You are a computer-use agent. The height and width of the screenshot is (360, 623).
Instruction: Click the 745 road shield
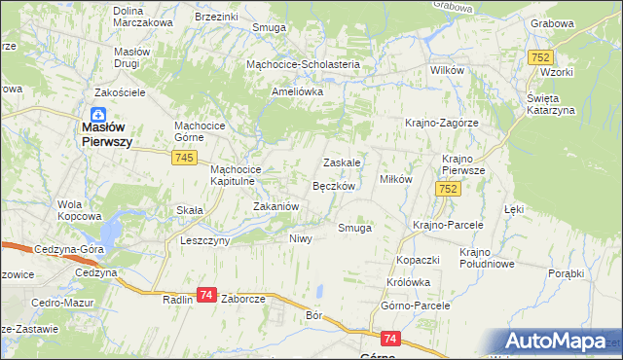coord(184,158)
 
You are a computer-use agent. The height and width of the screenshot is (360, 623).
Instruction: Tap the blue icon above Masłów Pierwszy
coord(99,113)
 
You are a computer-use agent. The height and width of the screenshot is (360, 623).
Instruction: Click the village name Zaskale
coord(343,162)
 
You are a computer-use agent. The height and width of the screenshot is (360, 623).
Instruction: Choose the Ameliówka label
coord(297,91)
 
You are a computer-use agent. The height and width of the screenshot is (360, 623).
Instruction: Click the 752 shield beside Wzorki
coord(541,58)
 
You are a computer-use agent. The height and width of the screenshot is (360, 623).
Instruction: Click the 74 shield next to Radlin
coord(206,294)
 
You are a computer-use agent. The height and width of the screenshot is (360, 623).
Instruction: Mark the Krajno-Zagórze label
coord(442,123)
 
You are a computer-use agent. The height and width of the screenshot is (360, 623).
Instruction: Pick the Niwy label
coord(300,238)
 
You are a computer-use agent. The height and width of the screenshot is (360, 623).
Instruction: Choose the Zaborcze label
coord(244,301)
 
